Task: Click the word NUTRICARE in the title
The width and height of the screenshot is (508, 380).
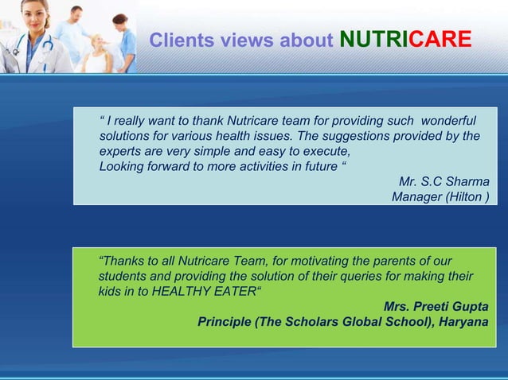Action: click(404, 40)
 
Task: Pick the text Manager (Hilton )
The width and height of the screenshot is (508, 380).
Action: click(440, 196)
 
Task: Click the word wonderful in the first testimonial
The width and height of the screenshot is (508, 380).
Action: click(448, 121)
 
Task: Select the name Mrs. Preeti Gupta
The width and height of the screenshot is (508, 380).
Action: click(436, 306)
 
